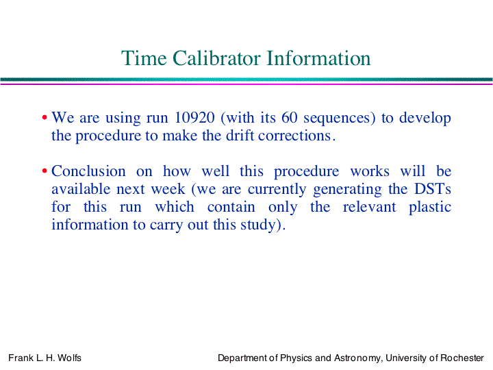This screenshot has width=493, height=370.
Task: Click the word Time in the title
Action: [x=144, y=58]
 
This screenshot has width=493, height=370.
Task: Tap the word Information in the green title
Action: [x=318, y=58]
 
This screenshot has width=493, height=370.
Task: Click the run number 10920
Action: [x=194, y=118]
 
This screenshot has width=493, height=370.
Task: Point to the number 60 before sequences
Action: [x=289, y=118]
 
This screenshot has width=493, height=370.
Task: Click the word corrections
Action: [x=294, y=136]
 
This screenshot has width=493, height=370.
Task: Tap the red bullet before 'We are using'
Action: [x=45, y=118]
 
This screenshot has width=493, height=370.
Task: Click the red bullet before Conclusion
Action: [x=45, y=171]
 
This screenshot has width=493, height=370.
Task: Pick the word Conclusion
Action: [x=88, y=171]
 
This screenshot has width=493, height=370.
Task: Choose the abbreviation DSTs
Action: [x=433, y=189]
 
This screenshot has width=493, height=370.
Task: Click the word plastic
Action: [x=430, y=208]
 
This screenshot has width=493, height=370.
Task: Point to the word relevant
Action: [x=370, y=207]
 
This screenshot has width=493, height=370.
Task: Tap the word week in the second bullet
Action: [x=168, y=189]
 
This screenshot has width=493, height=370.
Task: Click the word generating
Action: [x=347, y=190]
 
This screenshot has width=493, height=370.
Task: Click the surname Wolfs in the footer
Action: [x=69, y=358]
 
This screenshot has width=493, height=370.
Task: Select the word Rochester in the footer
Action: [x=462, y=358]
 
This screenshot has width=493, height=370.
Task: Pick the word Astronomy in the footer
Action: [x=358, y=358]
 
